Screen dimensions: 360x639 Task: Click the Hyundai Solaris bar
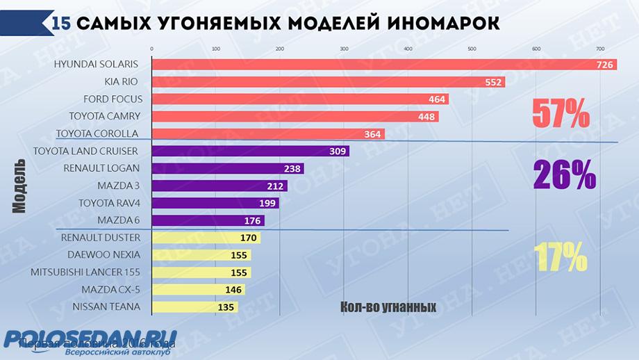coord(375,65)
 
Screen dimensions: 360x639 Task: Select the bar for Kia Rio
coord(326,82)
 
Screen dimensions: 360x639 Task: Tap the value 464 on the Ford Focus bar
coord(436,99)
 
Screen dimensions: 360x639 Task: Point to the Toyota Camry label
coord(105,116)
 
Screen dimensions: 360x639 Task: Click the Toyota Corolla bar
coord(267,133)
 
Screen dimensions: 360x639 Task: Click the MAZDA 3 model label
coord(119,186)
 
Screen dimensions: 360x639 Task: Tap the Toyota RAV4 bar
coord(215,203)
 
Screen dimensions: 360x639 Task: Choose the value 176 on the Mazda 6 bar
coord(252,221)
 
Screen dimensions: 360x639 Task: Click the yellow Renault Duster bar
coord(206,238)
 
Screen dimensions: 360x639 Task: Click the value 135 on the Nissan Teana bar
coord(226,306)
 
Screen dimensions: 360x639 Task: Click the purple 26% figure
coord(565,175)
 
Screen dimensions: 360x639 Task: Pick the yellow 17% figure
coord(561,259)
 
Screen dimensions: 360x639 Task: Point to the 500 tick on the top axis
coord(472,49)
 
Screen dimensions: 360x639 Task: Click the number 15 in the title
coord(60,23)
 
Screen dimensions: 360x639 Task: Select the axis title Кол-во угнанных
coord(388,306)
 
